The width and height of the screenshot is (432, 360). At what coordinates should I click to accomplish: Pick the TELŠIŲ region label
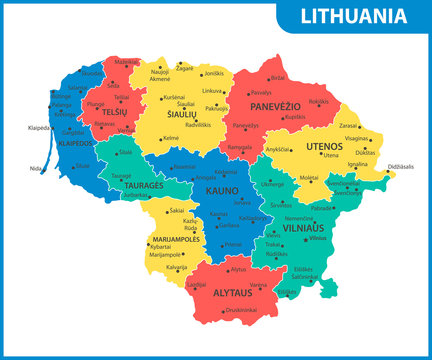tap(115, 113)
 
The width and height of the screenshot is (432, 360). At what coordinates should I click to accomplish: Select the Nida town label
tap(37, 168)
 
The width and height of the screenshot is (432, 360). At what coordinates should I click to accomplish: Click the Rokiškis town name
tap(319, 101)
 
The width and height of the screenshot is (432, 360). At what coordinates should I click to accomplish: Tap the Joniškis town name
tap(214, 74)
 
